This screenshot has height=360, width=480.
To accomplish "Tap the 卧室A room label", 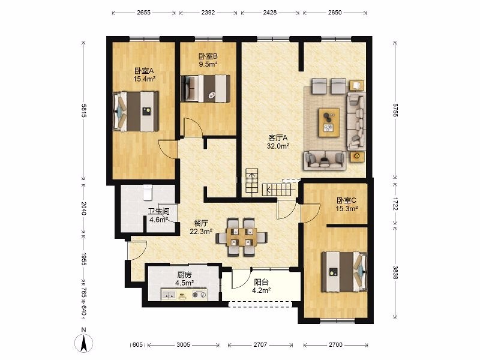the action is click(144, 71).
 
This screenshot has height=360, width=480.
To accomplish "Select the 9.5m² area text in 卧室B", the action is click(208, 64).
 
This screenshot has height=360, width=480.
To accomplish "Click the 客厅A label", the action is click(278, 138).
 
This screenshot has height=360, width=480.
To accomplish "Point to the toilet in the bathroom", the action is click(148, 192).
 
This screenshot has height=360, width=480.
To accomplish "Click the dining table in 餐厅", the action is click(242, 237).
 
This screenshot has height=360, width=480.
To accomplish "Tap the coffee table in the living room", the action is click(329, 122).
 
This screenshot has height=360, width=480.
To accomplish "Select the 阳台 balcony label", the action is click(261, 282).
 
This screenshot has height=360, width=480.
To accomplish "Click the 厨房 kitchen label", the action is click(184, 275).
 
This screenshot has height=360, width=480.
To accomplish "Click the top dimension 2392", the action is click(208, 13).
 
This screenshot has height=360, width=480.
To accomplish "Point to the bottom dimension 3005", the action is click(184, 344).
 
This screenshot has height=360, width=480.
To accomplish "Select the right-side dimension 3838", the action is click(395, 272).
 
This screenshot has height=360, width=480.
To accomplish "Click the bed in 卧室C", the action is click(344, 272).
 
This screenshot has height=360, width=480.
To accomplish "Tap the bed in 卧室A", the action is click(136, 112).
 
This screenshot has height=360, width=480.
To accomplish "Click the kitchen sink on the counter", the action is click(169, 295).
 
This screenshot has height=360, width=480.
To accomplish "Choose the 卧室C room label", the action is click(347, 200).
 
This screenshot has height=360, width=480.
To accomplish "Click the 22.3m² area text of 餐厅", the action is click(201, 232).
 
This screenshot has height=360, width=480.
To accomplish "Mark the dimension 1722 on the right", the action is click(395, 204).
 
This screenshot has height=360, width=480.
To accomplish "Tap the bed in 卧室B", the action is click(205, 89).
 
